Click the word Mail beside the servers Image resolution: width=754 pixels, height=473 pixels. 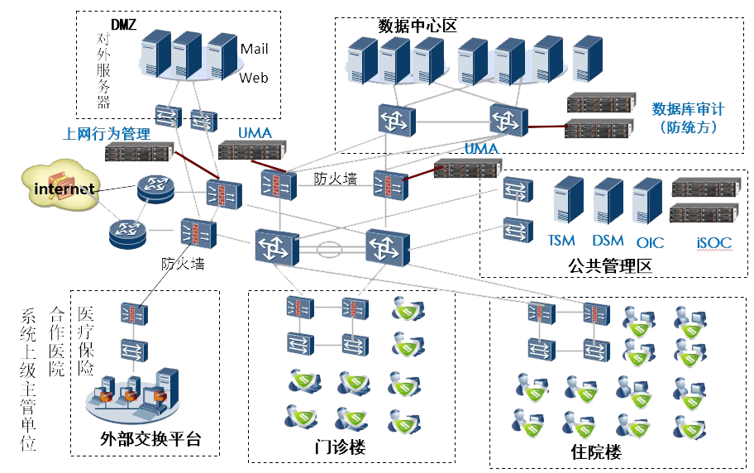[254, 49]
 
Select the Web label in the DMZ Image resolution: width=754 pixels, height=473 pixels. [254, 79]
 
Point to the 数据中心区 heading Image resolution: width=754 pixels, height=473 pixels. [417, 26]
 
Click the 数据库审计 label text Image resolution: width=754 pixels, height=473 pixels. [688, 109]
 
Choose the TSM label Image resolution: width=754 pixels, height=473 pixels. [561, 241]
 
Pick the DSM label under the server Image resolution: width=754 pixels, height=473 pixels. [608, 241]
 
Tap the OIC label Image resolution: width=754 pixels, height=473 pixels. [650, 242]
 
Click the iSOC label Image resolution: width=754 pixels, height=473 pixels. [713, 242]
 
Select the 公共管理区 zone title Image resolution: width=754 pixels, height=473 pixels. [610, 266]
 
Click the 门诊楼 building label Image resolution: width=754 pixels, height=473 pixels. [340, 447]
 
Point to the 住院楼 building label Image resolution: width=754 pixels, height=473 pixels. [595, 452]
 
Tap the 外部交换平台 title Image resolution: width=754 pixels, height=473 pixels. [150, 439]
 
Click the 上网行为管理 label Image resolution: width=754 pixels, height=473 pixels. [107, 134]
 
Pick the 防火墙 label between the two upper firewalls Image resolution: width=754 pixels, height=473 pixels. [335, 178]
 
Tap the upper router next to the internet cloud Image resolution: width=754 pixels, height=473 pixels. [154, 189]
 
